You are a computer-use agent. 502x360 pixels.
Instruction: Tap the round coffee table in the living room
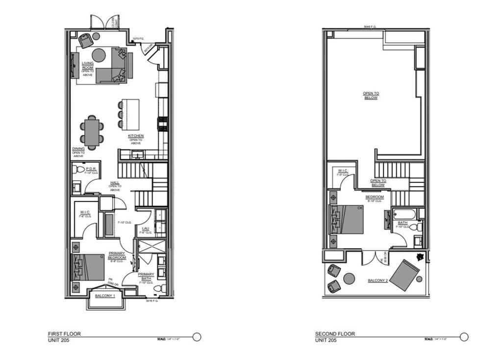tap(99, 55)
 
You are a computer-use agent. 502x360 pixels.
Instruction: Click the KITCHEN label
tap(136, 136)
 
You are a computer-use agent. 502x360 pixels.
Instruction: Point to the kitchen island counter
tap(130, 114)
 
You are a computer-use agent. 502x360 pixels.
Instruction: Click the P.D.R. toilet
tap(79, 170)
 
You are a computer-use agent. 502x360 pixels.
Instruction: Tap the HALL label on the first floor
tap(115, 183)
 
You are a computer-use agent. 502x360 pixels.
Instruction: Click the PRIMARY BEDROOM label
tap(117, 255)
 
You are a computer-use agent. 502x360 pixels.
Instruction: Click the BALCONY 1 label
tap(105, 296)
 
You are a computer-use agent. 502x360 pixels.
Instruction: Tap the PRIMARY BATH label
tap(146, 277)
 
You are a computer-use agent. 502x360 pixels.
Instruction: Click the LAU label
tap(146, 229)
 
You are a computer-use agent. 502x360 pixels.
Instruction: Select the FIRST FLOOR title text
tap(64, 334)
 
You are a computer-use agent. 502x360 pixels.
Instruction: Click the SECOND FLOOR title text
tap(335, 334)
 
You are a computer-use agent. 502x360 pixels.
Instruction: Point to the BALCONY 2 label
tap(378, 281)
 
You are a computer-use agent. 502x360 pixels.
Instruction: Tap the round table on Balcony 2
tap(349, 279)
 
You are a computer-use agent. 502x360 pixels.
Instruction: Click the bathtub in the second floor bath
tap(405, 214)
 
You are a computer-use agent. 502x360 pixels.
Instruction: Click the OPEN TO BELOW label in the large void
tap(371, 96)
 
